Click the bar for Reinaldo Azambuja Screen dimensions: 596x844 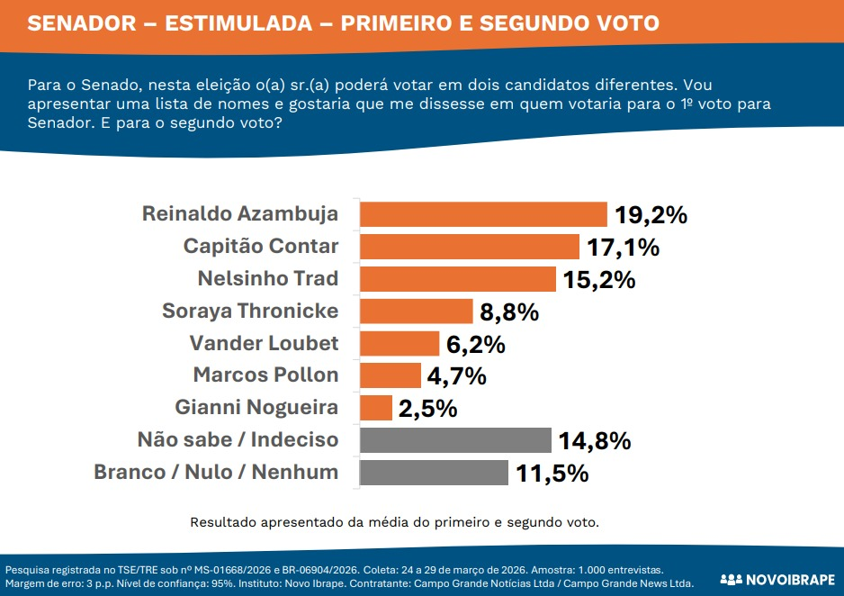[483, 214]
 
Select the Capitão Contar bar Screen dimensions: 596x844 [469, 247]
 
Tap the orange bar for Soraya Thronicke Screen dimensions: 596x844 [416, 312]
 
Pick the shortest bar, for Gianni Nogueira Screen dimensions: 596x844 [376, 408]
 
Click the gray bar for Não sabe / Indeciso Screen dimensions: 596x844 [455, 440]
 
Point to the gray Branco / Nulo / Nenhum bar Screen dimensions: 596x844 [434, 473]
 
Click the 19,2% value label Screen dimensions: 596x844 [651, 215]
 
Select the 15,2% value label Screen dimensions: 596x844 [599, 280]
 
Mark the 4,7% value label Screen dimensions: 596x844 [457, 376]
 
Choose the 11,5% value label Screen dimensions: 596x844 [552, 474]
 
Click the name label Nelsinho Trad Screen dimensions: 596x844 [267, 278]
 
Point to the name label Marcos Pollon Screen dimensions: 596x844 [265, 375]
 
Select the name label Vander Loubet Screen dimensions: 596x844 [264, 343]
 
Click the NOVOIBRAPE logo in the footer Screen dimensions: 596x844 [777, 578]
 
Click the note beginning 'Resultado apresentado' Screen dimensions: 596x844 [394, 521]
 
